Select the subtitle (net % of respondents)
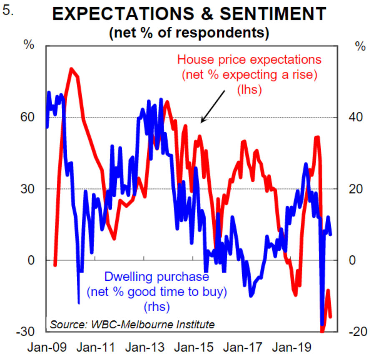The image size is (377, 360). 188,33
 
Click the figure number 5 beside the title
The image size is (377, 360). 8,11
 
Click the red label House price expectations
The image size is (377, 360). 249,59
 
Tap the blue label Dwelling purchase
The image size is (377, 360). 156,277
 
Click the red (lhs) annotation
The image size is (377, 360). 249,90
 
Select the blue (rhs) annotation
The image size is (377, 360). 156,307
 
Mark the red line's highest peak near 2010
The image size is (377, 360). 71,68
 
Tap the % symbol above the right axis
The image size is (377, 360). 360,45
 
